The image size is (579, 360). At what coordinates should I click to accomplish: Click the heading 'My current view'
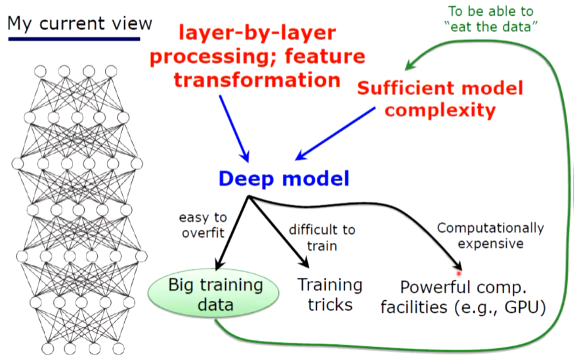click(79, 24)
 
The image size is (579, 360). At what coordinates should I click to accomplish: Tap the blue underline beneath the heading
click(74, 39)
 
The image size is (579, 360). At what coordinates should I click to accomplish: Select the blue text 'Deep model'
click(284, 177)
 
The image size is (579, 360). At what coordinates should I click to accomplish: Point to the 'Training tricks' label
click(330, 294)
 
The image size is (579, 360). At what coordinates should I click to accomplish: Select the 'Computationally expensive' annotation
click(490, 236)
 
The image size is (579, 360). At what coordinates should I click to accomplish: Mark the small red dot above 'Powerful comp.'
click(459, 272)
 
